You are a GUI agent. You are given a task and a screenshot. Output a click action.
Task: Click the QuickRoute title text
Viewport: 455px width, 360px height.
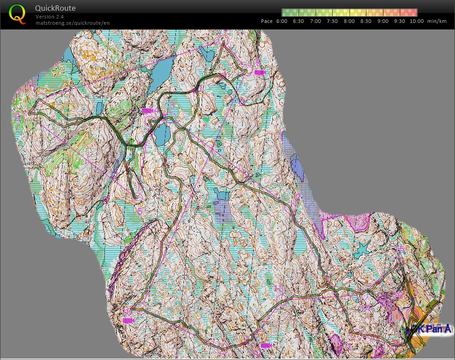(55, 8)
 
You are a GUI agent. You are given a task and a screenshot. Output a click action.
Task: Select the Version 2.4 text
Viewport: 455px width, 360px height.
(49, 17)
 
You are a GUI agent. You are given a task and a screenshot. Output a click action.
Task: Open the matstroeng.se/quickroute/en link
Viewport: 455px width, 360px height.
(72, 22)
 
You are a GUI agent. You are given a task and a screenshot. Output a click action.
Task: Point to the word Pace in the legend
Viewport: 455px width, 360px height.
(267, 21)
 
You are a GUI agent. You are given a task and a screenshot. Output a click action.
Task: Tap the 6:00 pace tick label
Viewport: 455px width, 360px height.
(282, 21)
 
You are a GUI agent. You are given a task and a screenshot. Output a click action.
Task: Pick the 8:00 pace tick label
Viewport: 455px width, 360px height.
(349, 21)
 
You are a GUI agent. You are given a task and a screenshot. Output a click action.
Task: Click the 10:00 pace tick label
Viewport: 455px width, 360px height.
(416, 21)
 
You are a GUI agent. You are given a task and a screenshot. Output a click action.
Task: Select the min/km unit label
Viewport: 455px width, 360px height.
(437, 21)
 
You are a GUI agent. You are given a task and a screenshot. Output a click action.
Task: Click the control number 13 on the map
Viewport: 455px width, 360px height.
(279, 289)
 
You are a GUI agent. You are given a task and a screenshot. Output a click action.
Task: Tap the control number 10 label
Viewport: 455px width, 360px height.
(127, 311)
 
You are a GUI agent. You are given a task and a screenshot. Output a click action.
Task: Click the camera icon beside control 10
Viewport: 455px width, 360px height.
(129, 320)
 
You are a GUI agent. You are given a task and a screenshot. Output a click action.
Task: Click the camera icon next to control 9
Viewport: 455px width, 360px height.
(260, 72)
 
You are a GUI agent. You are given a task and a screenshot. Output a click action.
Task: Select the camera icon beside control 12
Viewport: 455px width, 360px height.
(266, 345)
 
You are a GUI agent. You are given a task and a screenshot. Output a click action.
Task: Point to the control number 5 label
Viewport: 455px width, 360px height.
(139, 211)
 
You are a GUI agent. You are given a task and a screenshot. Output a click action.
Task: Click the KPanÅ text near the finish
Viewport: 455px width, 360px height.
(433, 329)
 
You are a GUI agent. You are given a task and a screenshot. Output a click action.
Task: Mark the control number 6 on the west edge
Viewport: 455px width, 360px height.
(18, 118)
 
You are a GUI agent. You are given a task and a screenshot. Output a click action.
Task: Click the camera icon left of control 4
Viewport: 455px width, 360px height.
(147, 111)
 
